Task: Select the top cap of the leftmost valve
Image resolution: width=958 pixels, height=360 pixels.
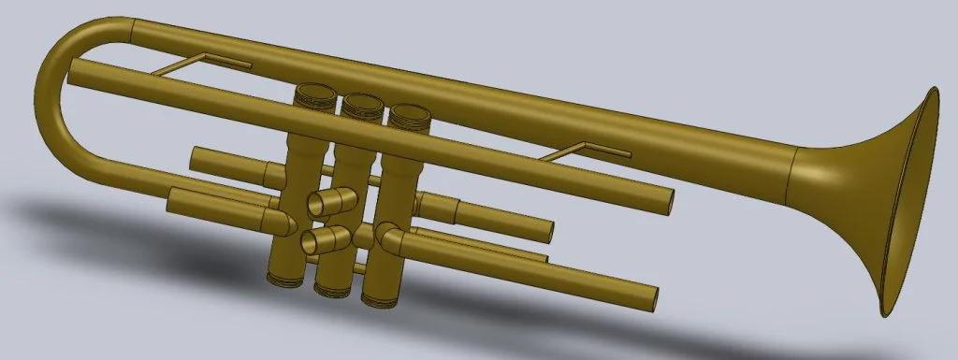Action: click(313, 94)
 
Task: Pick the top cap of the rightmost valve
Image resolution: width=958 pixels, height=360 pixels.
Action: click(409, 115)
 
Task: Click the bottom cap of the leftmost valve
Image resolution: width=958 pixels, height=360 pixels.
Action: click(283, 276)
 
